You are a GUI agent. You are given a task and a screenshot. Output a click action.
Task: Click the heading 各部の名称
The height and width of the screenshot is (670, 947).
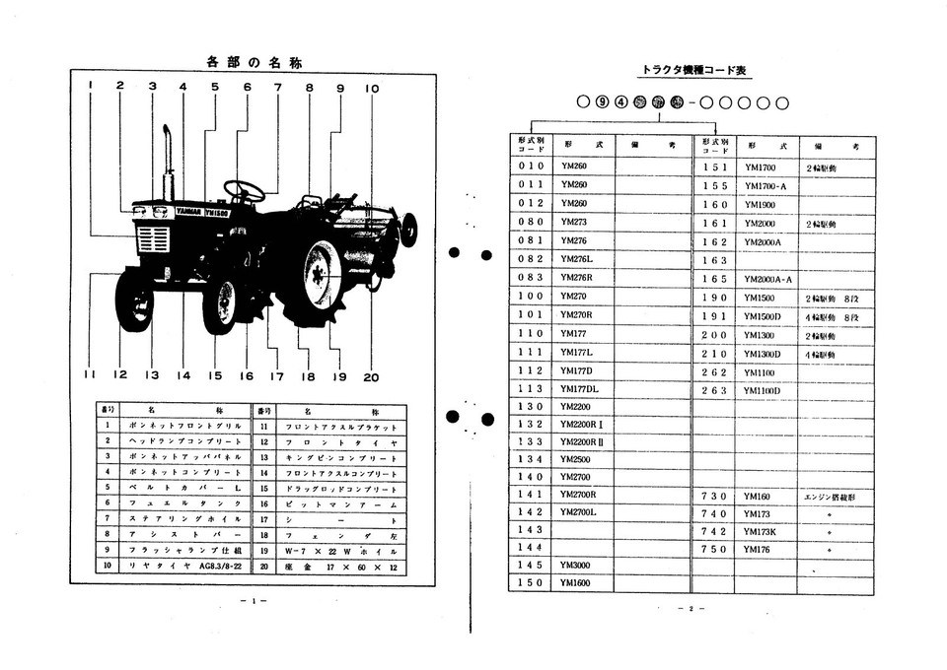254,62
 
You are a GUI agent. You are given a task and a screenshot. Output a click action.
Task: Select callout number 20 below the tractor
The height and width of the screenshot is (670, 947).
371,375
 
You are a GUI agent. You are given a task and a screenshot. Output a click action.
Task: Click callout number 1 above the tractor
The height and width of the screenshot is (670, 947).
90,86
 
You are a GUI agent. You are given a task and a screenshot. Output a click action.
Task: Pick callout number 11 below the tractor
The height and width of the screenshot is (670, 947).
90,375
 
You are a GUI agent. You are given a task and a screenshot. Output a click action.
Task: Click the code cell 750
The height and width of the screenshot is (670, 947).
713,549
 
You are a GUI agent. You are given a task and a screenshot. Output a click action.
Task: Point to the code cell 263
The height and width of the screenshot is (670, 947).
713,390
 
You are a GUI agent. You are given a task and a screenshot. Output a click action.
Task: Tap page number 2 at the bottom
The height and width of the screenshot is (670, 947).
691,609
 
